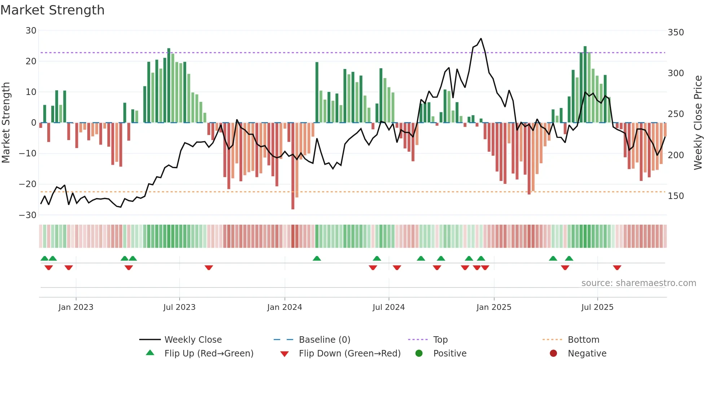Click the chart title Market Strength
point(52,10)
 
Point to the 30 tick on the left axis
point(31,31)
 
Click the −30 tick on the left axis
point(28,215)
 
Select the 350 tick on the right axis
point(676,33)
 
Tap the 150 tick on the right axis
point(676,196)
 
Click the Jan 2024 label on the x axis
point(284,307)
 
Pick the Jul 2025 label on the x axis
point(597,307)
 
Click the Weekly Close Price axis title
point(698,123)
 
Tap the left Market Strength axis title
point(6,123)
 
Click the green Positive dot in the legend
point(419,353)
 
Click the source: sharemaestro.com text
point(638,283)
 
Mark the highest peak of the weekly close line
point(481,39)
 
